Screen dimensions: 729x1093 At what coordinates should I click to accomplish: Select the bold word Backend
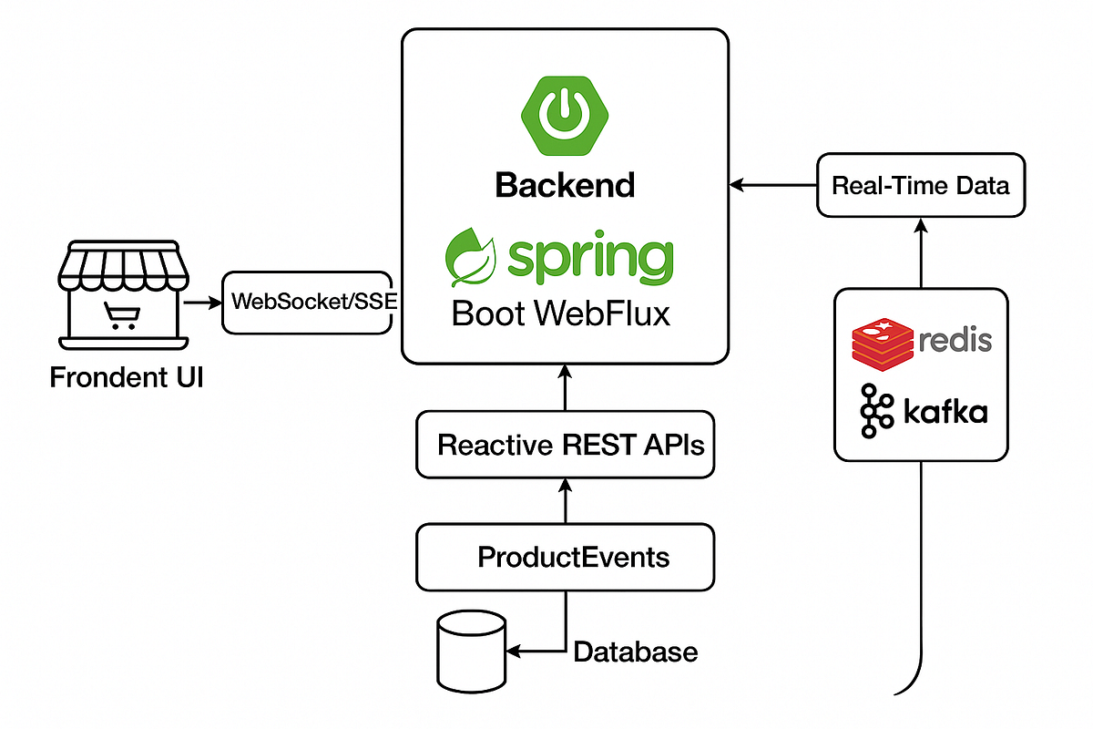click(565, 185)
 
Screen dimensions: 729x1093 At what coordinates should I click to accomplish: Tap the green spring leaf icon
click(471, 256)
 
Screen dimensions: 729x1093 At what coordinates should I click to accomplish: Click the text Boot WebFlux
click(561, 313)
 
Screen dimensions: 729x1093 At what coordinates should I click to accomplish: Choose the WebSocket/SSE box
click(311, 303)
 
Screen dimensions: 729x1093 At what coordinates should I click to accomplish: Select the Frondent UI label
click(127, 376)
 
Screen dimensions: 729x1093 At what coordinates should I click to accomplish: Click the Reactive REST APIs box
click(565, 445)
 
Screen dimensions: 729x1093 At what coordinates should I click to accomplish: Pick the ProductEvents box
click(565, 557)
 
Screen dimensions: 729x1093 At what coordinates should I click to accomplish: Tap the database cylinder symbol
click(470, 651)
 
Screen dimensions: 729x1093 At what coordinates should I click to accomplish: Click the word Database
click(635, 652)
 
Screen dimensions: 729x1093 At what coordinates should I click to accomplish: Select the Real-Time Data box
click(920, 186)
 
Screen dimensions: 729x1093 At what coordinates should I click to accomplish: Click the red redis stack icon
click(882, 343)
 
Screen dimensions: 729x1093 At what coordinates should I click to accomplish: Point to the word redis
click(955, 342)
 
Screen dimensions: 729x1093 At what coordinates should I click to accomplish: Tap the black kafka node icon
click(873, 411)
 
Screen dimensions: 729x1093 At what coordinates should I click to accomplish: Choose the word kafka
click(945, 412)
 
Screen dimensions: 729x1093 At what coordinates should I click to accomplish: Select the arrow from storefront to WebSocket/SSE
click(202, 303)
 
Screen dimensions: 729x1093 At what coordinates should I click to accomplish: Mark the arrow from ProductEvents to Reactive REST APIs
click(565, 500)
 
